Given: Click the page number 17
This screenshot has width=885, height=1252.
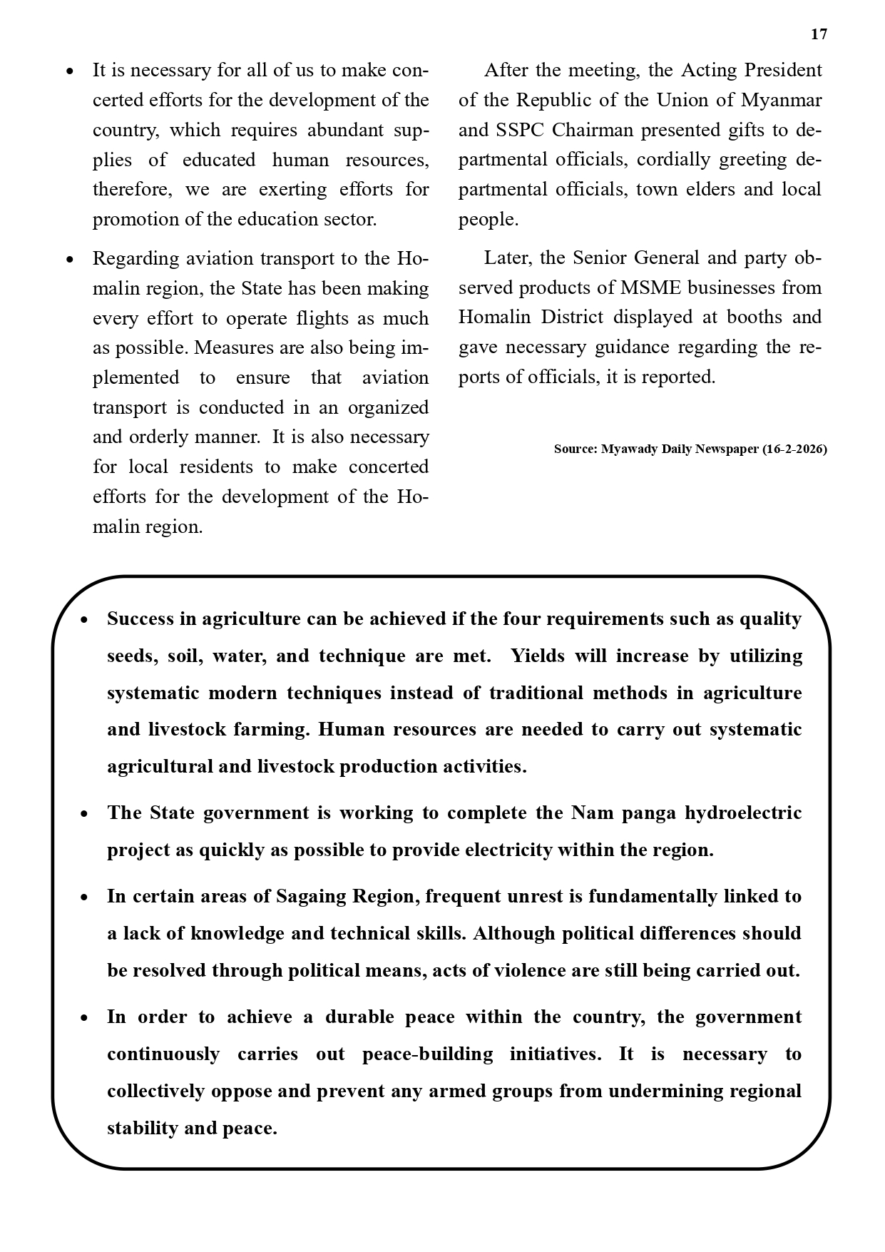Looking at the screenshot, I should click(819, 34).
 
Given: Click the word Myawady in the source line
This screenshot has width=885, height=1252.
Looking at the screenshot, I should click(630, 449).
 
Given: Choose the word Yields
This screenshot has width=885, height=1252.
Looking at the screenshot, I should click(538, 656).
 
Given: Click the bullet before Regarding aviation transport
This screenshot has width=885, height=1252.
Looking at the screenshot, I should click(69, 260).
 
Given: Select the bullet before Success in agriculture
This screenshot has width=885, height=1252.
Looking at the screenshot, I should click(84, 620).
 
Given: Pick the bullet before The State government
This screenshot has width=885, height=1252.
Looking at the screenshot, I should click(84, 814).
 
